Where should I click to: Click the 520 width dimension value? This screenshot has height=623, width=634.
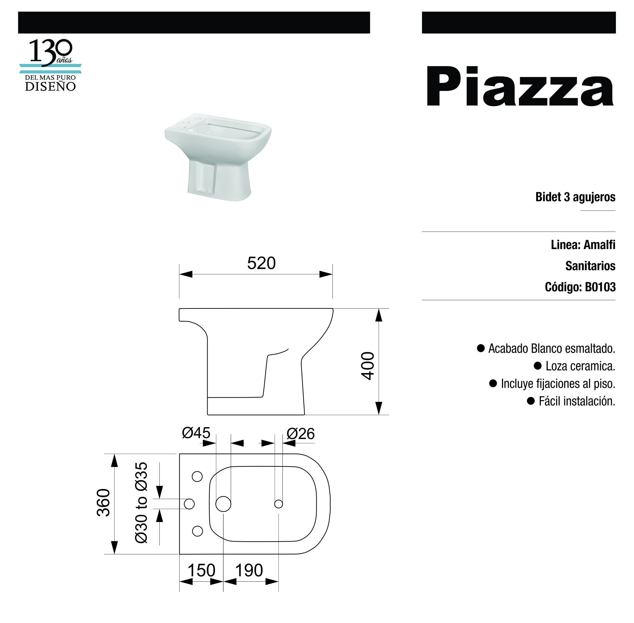[x=261, y=263]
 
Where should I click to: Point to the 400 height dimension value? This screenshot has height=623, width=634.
[x=368, y=366]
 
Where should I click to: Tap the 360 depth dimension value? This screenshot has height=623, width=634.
[x=103, y=503]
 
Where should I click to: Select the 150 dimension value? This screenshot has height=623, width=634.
[x=201, y=570]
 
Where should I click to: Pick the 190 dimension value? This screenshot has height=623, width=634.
[x=249, y=570]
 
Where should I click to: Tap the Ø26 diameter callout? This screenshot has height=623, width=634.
[x=300, y=434]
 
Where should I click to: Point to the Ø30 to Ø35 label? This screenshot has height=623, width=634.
[x=141, y=503]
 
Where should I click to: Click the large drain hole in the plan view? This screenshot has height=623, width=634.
[x=223, y=504]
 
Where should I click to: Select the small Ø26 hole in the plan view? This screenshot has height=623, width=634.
[x=279, y=504]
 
